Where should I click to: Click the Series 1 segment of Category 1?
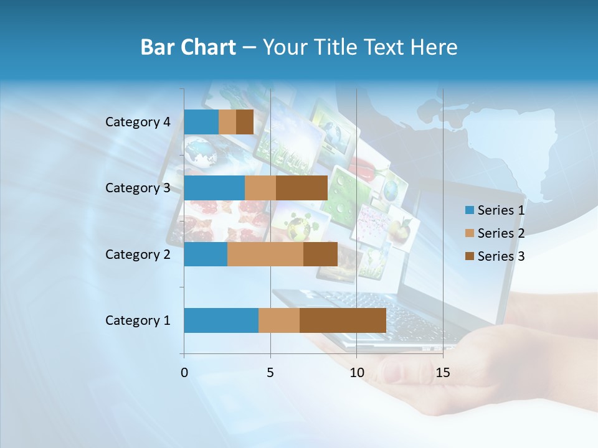tap(221, 320)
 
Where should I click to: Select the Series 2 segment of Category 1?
tap(279, 320)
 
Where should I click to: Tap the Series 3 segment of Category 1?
tap(343, 320)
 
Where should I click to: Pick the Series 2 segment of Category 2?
tap(265, 254)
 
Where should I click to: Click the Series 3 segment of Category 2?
tap(320, 254)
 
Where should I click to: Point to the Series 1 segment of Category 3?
tap(214, 188)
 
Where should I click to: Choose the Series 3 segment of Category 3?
tap(301, 188)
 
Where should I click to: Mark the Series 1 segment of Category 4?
tap(201, 122)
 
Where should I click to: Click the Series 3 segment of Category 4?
tap(245, 122)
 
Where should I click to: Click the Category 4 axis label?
tap(138, 122)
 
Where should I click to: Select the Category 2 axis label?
tap(138, 254)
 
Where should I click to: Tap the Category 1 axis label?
tap(138, 320)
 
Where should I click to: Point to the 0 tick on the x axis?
tap(184, 373)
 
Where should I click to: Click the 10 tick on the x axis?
tap(356, 373)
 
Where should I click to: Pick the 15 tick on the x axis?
tap(443, 373)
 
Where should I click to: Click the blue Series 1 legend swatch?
tap(469, 210)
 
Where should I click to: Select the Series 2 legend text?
tap(501, 233)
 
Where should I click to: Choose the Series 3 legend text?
tap(501, 256)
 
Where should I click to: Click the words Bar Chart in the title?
tap(188, 47)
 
